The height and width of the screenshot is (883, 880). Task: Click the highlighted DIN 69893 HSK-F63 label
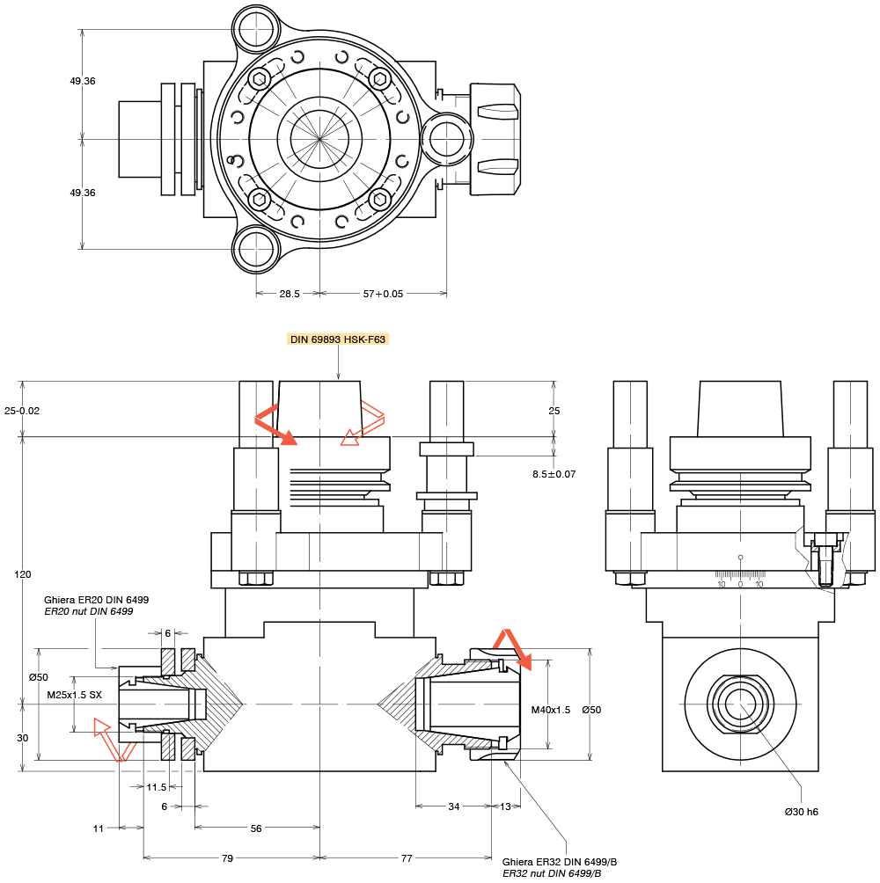point(339,339)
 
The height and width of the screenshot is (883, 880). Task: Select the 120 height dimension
point(23,574)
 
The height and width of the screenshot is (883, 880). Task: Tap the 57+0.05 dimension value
point(383,294)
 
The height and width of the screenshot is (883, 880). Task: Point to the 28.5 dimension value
point(289,294)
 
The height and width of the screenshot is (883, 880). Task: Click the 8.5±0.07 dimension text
point(554,474)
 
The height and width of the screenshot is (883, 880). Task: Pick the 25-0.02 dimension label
point(22,411)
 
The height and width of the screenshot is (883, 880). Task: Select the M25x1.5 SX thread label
point(75,695)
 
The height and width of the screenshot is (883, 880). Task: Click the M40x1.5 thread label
point(551,710)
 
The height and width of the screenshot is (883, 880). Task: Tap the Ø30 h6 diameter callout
point(802,812)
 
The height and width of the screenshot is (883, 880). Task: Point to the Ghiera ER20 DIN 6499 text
point(96,600)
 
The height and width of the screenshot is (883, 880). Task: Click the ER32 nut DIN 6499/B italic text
point(552,873)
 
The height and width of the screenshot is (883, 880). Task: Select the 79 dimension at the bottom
point(227,858)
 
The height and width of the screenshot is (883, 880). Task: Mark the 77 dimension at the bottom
point(407,858)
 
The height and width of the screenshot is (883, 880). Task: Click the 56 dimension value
point(256,828)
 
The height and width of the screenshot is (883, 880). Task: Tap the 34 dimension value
point(453,806)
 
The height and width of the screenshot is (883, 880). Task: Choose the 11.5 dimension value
point(157,787)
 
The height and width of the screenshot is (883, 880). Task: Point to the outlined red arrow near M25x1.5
point(113,739)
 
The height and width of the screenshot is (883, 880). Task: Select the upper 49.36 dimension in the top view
point(83,81)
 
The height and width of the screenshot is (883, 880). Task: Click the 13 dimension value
point(505,806)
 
